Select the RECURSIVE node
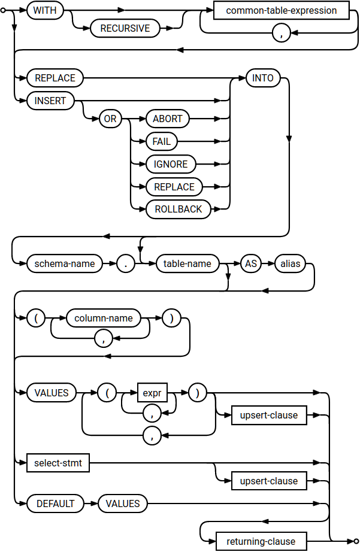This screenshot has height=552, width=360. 125,29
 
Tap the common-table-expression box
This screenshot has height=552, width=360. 282,10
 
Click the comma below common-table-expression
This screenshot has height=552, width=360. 281,34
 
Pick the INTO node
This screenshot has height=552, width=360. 263,78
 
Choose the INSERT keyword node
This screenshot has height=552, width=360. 50,101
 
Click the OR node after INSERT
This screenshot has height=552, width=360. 110,119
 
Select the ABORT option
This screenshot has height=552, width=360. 168,119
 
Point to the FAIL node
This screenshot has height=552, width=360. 162,141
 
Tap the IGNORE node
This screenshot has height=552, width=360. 171,164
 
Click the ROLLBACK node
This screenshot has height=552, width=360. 178,210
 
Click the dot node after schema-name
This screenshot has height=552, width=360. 125,263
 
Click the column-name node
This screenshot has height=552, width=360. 103,318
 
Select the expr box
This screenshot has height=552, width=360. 152,393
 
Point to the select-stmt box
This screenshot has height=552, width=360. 58,462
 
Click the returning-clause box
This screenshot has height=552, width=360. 261,541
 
